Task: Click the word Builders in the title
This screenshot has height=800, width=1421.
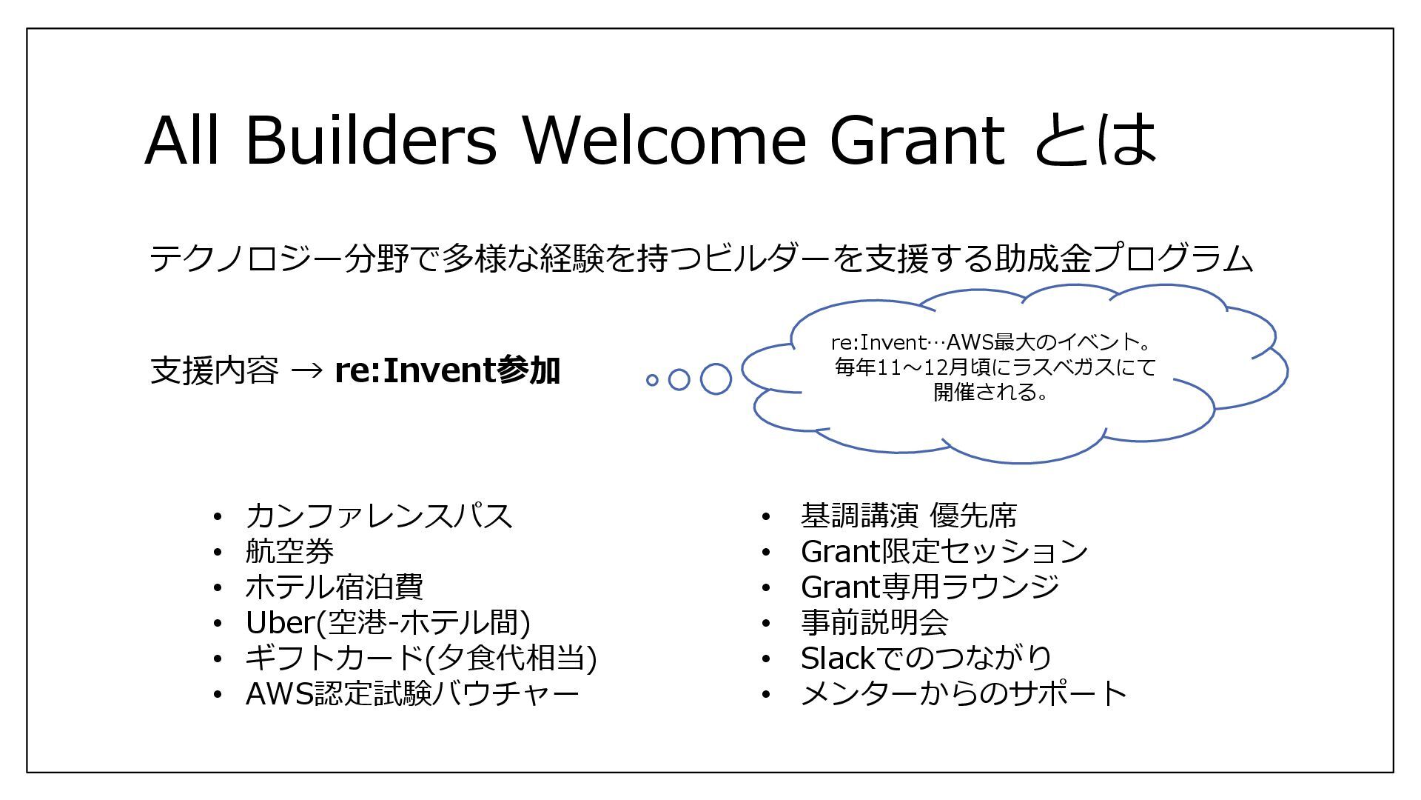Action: tap(370, 140)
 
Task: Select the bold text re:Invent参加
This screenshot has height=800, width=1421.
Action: tap(447, 370)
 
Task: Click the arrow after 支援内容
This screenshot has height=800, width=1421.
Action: tap(306, 370)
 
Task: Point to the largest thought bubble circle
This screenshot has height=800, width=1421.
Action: tap(716, 379)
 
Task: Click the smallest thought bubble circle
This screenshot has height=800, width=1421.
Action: tap(652, 380)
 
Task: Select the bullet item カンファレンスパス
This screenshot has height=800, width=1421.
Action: tap(378, 516)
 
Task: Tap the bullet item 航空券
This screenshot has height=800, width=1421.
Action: tap(289, 551)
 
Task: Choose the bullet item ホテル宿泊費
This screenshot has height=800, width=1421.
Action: tap(334, 587)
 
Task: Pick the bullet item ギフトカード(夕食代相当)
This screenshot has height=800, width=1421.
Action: tap(420, 658)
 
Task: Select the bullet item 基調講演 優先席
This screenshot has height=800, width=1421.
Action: tap(908, 516)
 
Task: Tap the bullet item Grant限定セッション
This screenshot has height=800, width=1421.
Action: tap(944, 551)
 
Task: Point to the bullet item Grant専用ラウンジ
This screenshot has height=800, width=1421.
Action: tap(930, 587)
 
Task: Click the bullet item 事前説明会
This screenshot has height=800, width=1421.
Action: tap(874, 622)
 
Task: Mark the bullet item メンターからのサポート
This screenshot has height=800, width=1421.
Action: tap(963, 693)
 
